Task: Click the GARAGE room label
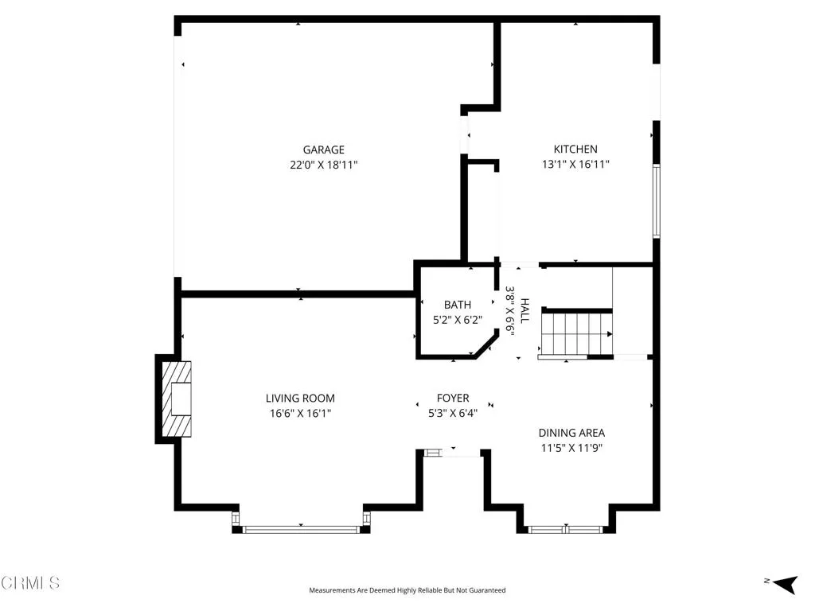pos(323,150)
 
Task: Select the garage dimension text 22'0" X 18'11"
pos(323,165)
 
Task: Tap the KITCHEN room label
pos(575,149)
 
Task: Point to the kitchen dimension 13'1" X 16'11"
pos(575,165)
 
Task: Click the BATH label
pos(458,305)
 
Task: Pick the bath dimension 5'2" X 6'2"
pos(458,320)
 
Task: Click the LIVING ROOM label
pos(300,399)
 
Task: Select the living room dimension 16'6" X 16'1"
pos(300,414)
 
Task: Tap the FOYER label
pos(453,399)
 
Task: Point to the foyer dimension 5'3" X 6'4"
pos(453,414)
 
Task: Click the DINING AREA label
pos(571,433)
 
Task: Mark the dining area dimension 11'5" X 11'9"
pos(571,448)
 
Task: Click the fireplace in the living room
pos(174,399)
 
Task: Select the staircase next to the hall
pos(576,333)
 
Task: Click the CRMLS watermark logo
pos(30,583)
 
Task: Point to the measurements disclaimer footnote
pos(407,590)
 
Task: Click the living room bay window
pos(301,528)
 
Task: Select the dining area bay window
pos(566,528)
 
